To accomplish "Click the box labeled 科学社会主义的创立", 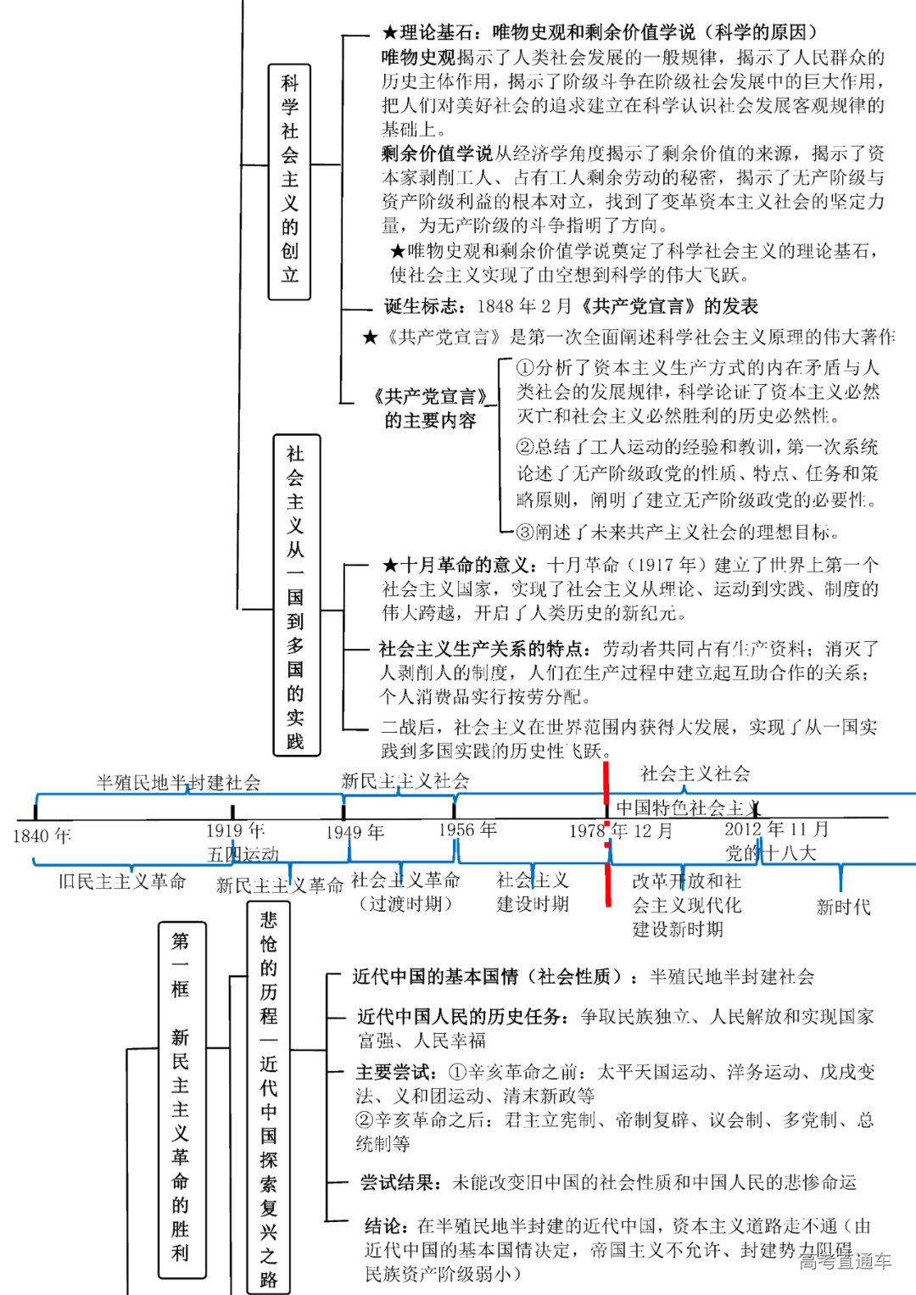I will point(289,181).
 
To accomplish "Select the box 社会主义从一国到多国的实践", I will point(296,594).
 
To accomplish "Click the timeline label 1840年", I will point(42,836).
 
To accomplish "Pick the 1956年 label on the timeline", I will point(467,829).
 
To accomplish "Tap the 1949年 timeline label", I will point(355,832).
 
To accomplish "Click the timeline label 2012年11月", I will point(776,829).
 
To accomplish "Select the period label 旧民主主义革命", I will point(122,882).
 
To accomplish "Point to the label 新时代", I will point(843,907).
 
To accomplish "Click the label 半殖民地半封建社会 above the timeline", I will point(178,783).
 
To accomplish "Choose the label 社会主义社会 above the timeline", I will point(695,773).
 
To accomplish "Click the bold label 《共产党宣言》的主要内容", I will point(431,408).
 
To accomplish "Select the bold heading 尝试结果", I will point(399,1182).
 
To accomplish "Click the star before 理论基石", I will point(389,33).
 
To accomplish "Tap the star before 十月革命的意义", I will point(390,565).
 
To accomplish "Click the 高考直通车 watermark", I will point(845,1261).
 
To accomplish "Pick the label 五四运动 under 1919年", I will point(243,854).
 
